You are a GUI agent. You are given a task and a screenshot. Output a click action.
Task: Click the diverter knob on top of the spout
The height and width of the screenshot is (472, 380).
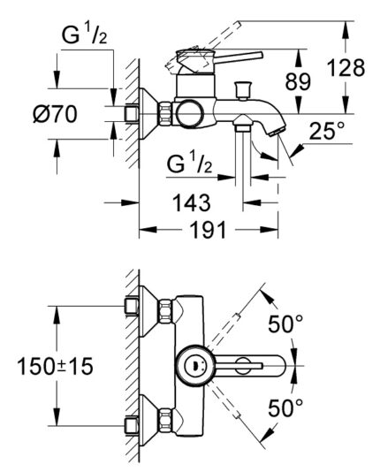tap(243, 89)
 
